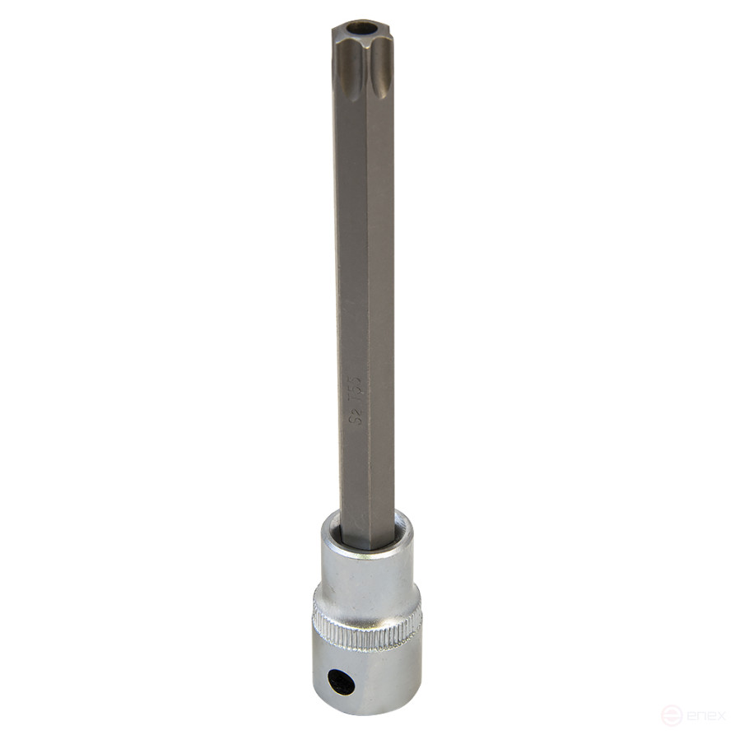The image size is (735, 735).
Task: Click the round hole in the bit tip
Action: (x=360, y=29)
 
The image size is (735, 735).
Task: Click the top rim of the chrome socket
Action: (x=403, y=527)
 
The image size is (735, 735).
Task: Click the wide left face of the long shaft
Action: (x=352, y=247)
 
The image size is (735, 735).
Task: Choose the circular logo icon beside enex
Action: (x=672, y=714)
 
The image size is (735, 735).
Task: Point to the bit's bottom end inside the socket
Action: (x=366, y=543)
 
